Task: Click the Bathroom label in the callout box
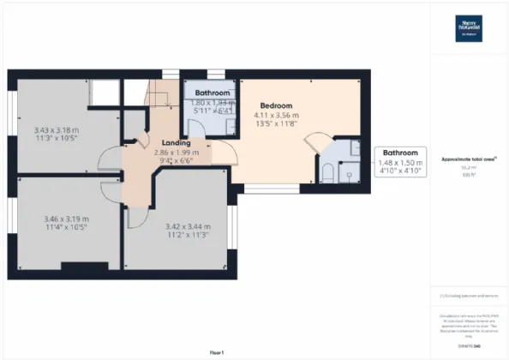(400, 152)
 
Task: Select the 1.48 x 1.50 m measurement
(400, 162)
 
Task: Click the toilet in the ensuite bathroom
(329, 172)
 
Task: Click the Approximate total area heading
(470, 159)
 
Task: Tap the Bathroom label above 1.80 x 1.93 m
(212, 93)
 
